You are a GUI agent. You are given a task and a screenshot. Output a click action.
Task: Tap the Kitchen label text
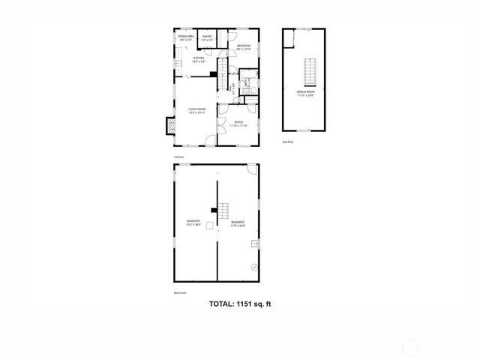tap(199, 59)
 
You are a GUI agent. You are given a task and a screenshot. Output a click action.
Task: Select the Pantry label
tap(207, 37)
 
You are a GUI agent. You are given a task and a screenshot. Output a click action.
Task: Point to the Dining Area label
tap(186, 37)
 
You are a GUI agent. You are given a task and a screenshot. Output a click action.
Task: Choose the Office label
tap(238, 123)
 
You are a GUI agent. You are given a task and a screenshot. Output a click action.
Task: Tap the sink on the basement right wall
tap(255, 243)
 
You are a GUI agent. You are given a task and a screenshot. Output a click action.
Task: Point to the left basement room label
tap(194, 223)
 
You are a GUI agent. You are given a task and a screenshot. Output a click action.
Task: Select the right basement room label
tap(238, 223)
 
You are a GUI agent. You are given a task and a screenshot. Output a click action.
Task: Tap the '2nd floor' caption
tap(287, 141)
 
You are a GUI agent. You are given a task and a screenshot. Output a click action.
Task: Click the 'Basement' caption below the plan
tap(179, 293)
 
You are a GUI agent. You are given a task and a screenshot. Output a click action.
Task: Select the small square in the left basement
tap(208, 235)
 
